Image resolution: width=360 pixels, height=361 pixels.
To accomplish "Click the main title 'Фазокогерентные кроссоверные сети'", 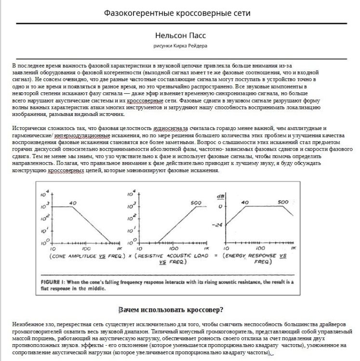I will click(x=178, y=13).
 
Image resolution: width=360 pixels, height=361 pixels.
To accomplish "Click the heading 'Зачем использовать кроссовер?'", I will click(x=173, y=309).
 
